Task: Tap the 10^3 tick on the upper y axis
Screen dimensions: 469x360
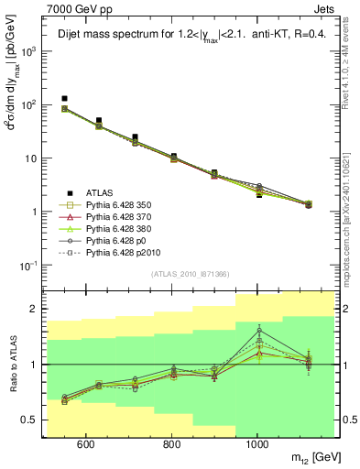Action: pos(29,51)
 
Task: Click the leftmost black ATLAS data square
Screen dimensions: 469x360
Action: pos(64,98)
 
